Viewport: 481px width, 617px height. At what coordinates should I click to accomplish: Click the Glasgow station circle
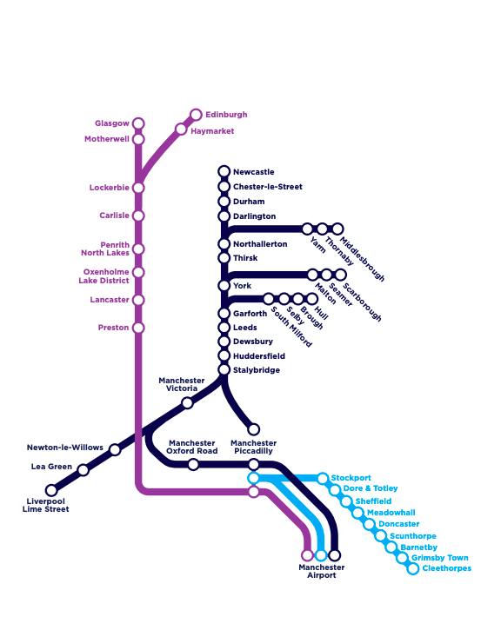pyautogui.click(x=138, y=123)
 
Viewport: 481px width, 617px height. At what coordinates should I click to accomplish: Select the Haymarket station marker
pyautogui.click(x=181, y=129)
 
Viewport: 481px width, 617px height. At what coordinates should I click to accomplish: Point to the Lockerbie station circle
pyautogui.click(x=138, y=188)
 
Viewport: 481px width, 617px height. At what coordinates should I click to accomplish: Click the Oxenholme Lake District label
pyautogui.click(x=105, y=276)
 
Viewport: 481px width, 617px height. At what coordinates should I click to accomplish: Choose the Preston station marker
pyautogui.click(x=138, y=328)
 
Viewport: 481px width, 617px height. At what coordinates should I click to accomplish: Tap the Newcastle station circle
pyautogui.click(x=224, y=171)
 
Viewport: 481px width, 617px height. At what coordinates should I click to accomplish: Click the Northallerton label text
pyautogui.click(x=259, y=244)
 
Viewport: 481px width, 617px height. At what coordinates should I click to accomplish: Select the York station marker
pyautogui.click(x=224, y=286)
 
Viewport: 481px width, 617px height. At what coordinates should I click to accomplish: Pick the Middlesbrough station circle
pyautogui.click(x=337, y=229)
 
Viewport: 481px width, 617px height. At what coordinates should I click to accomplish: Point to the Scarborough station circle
pyautogui.click(x=341, y=275)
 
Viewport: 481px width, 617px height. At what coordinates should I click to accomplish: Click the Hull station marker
pyautogui.click(x=311, y=299)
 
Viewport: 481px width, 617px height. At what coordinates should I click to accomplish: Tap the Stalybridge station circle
pyautogui.click(x=224, y=370)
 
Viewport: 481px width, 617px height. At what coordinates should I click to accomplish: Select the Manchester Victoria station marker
pyautogui.click(x=187, y=402)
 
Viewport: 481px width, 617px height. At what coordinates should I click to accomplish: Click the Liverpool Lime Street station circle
pyautogui.click(x=51, y=490)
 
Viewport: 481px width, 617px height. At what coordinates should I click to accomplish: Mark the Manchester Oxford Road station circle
pyautogui.click(x=193, y=465)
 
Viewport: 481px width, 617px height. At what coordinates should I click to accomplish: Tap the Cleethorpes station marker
pyautogui.click(x=413, y=569)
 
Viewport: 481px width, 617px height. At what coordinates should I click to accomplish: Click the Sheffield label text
pyautogui.click(x=373, y=501)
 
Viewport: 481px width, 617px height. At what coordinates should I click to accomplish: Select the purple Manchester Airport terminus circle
pyautogui.click(x=307, y=554)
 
